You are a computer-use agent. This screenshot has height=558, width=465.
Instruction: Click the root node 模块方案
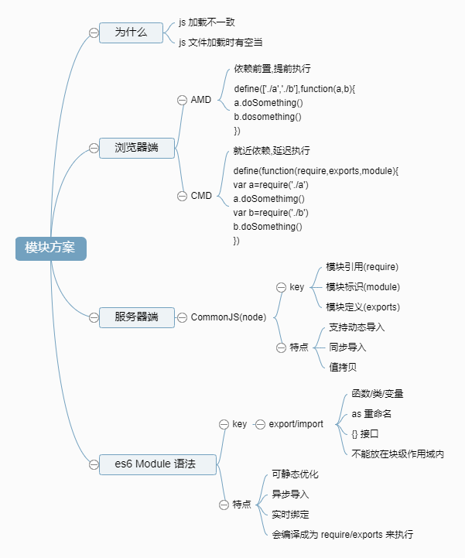tap(51, 248)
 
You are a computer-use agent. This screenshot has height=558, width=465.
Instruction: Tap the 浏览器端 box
tap(136, 147)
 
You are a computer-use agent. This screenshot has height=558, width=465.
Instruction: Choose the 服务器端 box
tap(136, 317)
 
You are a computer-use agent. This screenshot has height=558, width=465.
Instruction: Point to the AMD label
tap(201, 100)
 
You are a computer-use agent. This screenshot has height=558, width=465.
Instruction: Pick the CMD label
tap(201, 196)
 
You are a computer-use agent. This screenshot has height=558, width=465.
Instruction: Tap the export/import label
tap(296, 424)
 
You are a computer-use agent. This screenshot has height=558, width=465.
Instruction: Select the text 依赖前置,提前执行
tap(272, 69)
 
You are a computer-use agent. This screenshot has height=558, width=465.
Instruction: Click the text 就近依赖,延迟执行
tap(272, 150)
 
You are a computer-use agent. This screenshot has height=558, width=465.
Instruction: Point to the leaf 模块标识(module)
tap(363, 287)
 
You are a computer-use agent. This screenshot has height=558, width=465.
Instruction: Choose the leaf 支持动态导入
tap(357, 327)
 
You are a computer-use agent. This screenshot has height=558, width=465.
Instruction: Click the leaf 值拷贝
tap(343, 367)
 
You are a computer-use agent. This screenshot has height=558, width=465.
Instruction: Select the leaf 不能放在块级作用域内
tap(398, 454)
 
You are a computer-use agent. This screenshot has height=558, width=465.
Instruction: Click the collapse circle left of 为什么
tap(94, 33)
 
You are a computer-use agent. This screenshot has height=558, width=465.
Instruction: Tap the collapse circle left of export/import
tap(260, 424)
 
